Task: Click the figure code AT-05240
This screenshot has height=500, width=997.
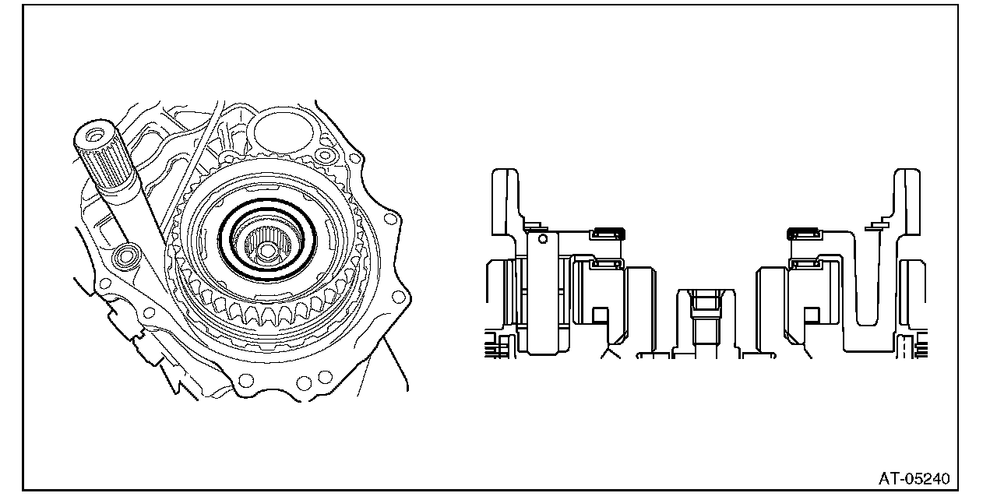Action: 914,479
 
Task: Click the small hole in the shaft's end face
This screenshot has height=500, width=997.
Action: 94,134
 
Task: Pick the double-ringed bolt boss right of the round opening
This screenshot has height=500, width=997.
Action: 324,155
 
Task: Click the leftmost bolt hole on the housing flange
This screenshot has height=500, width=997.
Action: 105,283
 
